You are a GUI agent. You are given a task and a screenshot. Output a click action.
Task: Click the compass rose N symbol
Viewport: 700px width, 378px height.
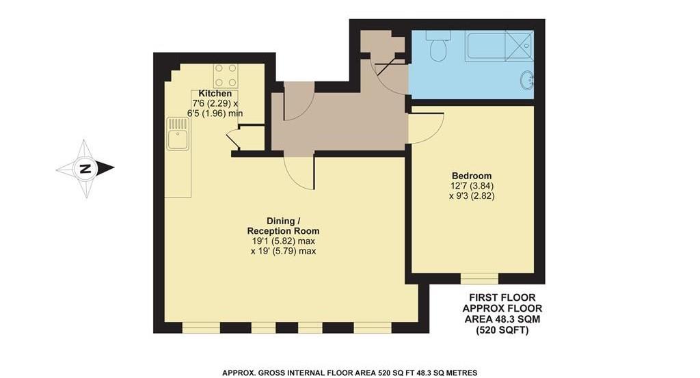85,168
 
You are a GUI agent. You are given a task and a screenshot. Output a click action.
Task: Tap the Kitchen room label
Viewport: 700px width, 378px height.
215,94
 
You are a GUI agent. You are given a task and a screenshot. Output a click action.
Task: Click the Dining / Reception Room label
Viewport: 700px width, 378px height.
283,226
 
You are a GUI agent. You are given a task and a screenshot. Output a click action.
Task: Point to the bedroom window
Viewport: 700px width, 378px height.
479,278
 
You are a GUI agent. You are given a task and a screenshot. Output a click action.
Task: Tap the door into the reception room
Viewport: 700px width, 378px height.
299,172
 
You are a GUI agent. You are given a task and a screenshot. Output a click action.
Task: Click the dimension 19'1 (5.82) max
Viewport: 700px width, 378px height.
283,241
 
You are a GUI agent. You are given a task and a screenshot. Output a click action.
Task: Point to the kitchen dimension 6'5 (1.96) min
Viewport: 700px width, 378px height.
215,113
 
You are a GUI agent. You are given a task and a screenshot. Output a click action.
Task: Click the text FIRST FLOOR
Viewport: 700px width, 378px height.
502,297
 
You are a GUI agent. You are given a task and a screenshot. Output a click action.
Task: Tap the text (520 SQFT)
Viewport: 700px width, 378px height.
502,330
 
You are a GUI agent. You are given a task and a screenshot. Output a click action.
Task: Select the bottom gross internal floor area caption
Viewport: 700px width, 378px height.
349,373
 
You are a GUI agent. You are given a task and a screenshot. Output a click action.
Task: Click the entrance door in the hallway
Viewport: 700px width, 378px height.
298,102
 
